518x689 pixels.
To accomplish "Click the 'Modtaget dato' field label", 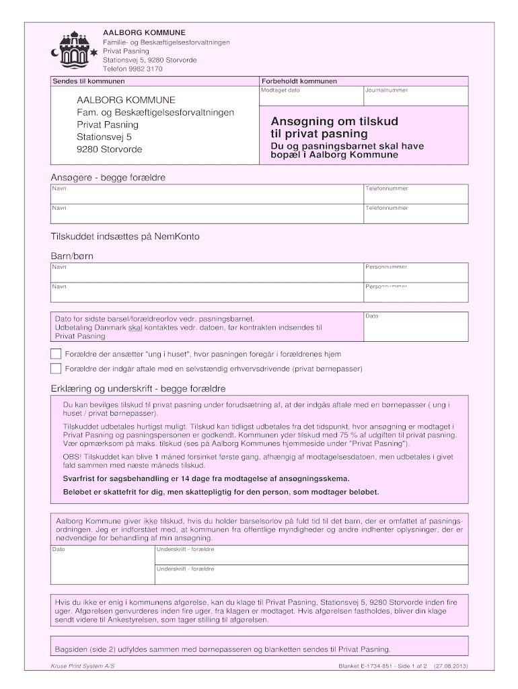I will (x=281, y=89).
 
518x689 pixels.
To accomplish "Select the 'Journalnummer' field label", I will (x=386, y=89).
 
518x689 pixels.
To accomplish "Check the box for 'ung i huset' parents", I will (x=56, y=354).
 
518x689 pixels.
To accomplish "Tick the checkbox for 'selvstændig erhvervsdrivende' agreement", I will (x=56, y=369).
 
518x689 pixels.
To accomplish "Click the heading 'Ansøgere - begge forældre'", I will (x=108, y=178).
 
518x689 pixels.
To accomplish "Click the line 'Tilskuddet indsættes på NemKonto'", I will (x=125, y=237).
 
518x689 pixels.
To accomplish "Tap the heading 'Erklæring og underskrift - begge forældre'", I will (x=138, y=389).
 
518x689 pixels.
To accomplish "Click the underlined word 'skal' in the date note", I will (x=135, y=327).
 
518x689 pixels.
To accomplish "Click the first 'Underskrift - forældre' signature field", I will (x=185, y=550).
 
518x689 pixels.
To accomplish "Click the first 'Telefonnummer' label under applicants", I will (x=387, y=188).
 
